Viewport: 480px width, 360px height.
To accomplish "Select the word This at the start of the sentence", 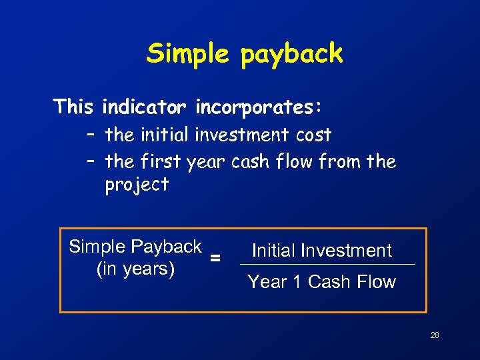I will coord(75,107).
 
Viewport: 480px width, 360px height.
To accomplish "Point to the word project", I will coord(137,185).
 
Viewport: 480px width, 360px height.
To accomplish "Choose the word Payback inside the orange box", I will coord(168,247).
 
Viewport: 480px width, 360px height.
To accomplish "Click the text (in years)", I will coord(136,269).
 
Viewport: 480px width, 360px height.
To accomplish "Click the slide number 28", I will coord(435,335).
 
